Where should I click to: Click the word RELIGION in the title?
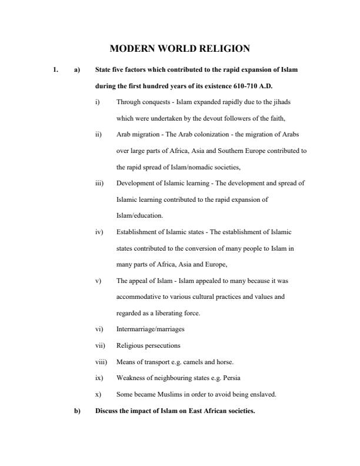point(219,49)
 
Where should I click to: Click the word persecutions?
point(162,345)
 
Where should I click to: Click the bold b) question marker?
point(76,411)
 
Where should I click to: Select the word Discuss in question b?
point(106,411)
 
